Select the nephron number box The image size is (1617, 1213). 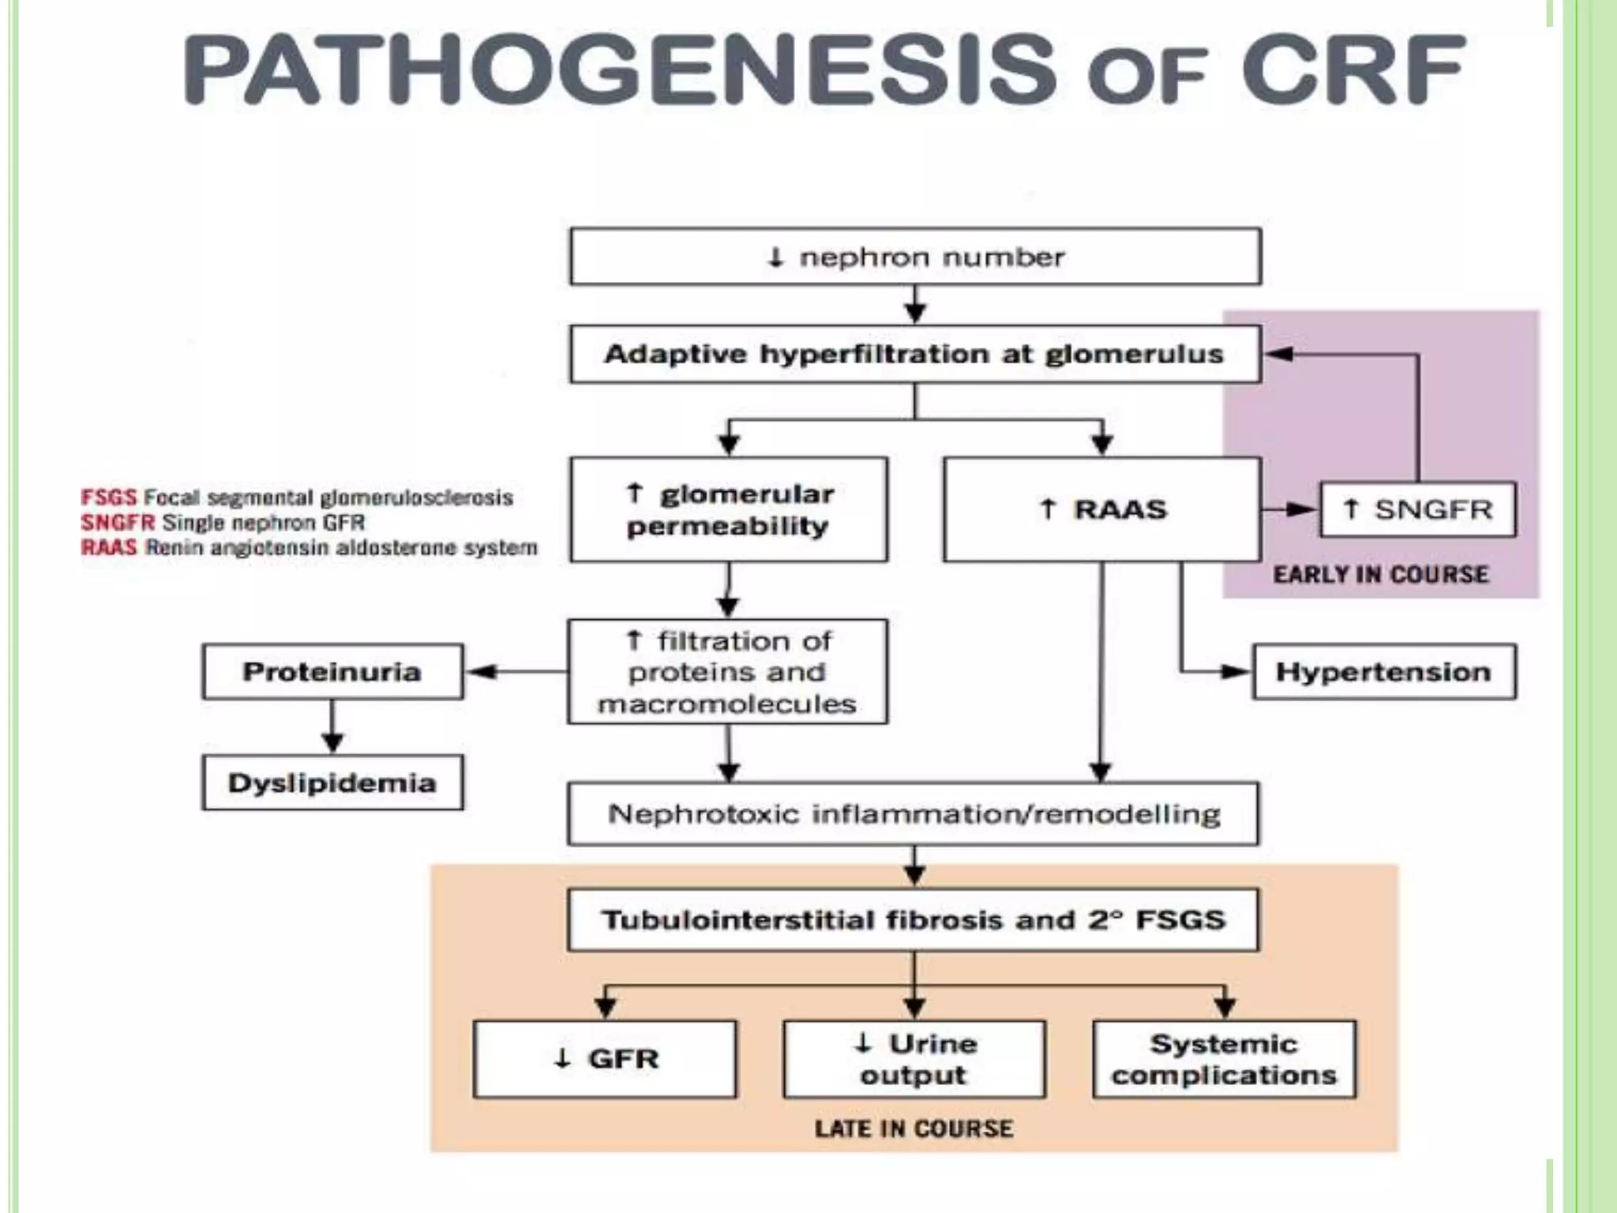[x=915, y=257]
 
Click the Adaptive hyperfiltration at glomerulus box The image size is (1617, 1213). [x=915, y=354]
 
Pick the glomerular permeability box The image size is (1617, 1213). [x=728, y=509]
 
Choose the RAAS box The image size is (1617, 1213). [x=1101, y=509]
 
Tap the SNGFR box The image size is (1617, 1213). [x=1417, y=509]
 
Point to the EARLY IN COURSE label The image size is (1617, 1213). [x=1380, y=574]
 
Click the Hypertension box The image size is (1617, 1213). [x=1383, y=672]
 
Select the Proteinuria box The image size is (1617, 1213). [x=332, y=672]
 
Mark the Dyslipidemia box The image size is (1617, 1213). [x=332, y=783]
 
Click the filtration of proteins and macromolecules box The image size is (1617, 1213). [x=727, y=672]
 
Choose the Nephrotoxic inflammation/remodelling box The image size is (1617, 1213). [x=914, y=813]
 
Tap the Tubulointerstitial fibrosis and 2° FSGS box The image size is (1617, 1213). [x=914, y=920]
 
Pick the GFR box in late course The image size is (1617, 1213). [x=605, y=1059]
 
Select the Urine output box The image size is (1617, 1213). [x=914, y=1059]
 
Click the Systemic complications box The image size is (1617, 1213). [x=1224, y=1059]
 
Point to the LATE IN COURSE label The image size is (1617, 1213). [x=914, y=1129]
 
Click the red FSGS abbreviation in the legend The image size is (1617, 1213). [x=108, y=498]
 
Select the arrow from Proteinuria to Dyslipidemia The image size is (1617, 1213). [x=332, y=727]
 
